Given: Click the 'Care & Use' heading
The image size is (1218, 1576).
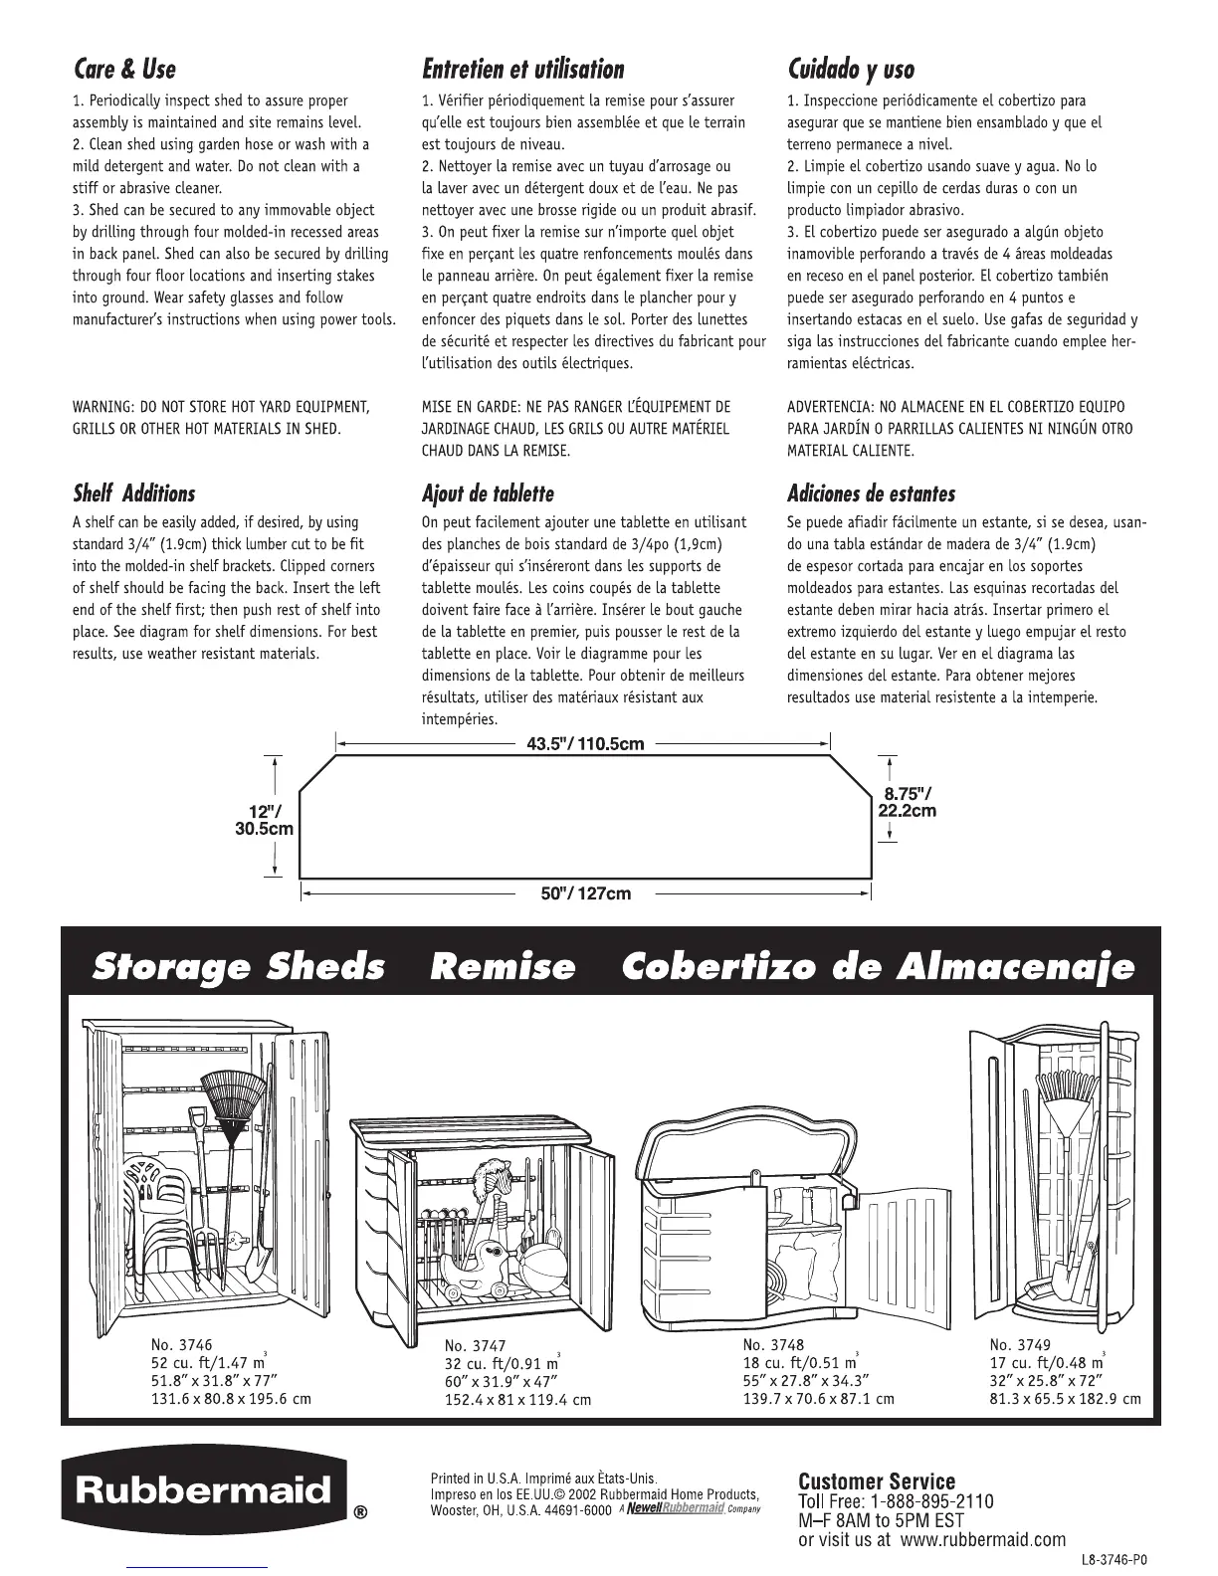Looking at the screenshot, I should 124,70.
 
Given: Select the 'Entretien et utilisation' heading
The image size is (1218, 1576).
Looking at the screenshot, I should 523,70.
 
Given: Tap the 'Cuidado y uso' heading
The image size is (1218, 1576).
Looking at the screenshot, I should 851,70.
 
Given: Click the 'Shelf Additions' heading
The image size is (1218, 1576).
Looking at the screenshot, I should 134,493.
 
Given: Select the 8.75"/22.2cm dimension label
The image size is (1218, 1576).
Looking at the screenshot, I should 907,801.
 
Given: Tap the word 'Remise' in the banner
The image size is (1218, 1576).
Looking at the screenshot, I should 503,966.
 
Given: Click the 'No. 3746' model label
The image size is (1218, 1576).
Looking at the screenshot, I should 182,1345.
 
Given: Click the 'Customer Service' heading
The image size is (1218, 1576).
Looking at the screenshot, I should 877,1482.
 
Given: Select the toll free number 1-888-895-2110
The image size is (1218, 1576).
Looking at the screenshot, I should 929,1501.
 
